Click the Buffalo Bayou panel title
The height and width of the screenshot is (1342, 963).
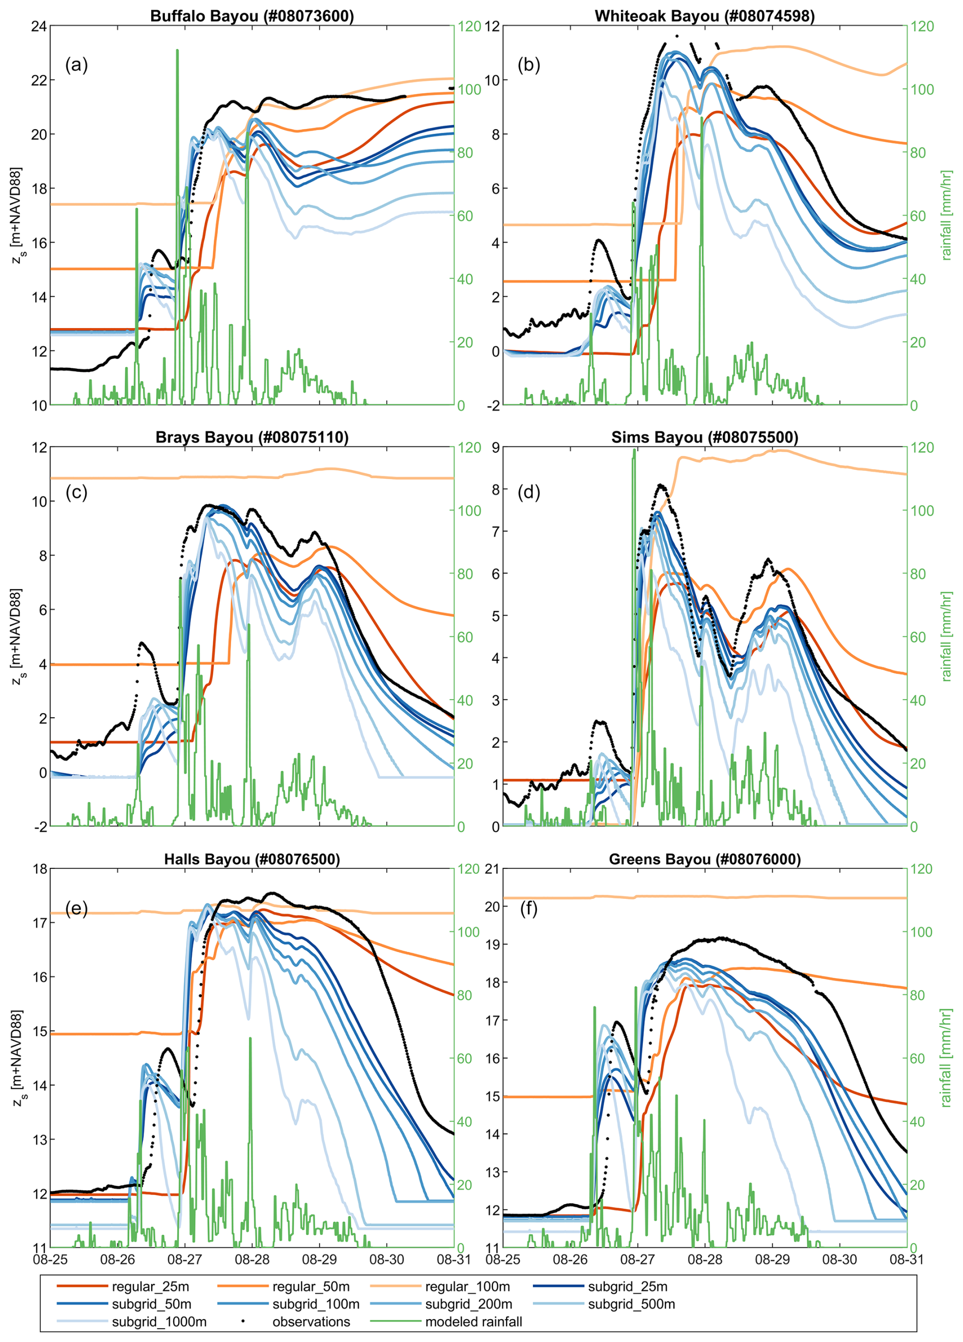point(251,16)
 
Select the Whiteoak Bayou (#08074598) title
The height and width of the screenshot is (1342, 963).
point(704,16)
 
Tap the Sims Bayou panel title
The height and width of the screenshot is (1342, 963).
point(704,437)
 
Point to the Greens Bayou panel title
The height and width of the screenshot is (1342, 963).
point(704,859)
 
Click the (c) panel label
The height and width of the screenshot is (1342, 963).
point(76,492)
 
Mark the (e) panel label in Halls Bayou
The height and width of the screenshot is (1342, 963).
point(76,908)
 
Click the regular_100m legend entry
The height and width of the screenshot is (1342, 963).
point(467,1287)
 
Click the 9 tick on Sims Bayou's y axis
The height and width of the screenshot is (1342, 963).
point(495,448)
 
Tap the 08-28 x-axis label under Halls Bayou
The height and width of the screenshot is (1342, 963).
point(252,1259)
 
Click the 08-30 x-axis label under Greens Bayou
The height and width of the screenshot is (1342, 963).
point(839,1259)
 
